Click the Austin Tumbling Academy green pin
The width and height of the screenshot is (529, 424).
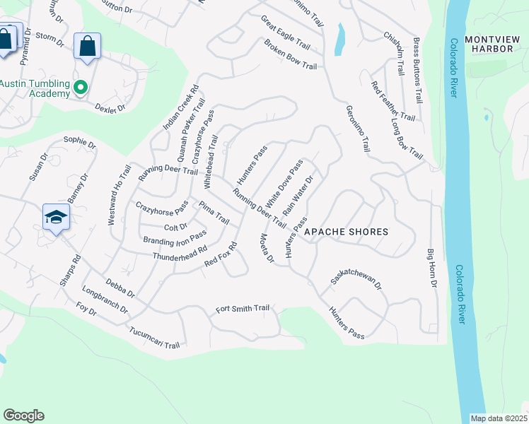click(x=81, y=88)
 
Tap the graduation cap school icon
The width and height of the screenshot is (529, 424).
click(x=56, y=217)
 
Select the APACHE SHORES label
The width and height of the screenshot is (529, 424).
click(x=347, y=232)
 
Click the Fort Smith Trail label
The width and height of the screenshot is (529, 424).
click(x=243, y=309)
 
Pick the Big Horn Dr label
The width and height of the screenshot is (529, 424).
click(x=433, y=268)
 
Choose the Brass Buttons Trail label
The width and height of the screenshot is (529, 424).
click(x=417, y=70)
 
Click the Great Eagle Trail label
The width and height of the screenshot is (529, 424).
click(x=285, y=30)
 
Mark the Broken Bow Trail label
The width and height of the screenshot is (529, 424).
click(x=290, y=54)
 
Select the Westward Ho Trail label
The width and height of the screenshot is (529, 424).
click(x=120, y=194)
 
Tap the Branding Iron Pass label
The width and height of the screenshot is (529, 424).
click(x=175, y=237)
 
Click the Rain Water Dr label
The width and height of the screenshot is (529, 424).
click(x=298, y=196)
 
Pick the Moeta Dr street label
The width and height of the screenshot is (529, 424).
click(x=267, y=248)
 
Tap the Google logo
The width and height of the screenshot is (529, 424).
click(x=23, y=416)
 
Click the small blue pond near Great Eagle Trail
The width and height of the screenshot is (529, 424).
click(x=340, y=40)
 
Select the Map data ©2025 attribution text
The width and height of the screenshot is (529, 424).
click(x=499, y=418)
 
